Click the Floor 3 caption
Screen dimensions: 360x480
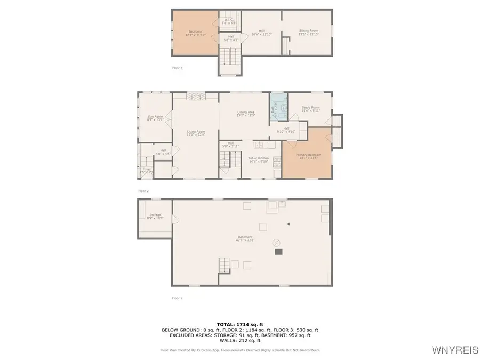pyautogui.click(x=177, y=68)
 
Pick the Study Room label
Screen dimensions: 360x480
pyautogui.click(x=310, y=109)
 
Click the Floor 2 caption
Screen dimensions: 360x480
pyautogui.click(x=143, y=190)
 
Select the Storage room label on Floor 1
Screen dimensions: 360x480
pyautogui.click(x=155, y=216)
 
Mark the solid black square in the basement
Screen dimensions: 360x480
pyautogui.click(x=277, y=251)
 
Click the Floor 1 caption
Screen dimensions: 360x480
pyautogui.click(x=177, y=298)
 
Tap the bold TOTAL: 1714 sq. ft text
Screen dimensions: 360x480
pyautogui.click(x=239, y=324)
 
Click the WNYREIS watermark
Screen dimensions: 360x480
pyautogui.click(x=455, y=350)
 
